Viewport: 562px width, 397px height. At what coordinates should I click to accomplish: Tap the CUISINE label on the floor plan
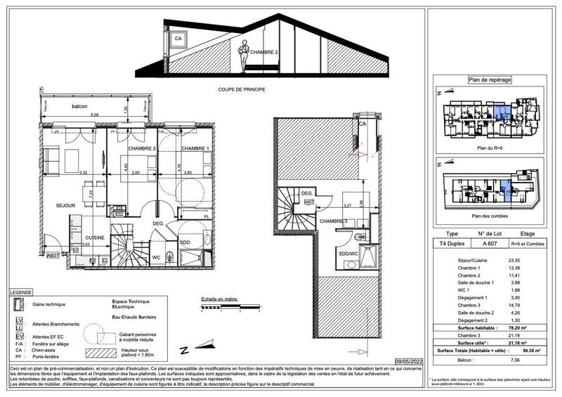point(95,237)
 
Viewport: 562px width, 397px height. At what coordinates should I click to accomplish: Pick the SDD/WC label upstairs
point(348,253)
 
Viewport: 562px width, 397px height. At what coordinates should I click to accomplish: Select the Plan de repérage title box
point(495,80)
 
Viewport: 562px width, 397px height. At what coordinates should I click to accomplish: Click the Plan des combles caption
point(490,216)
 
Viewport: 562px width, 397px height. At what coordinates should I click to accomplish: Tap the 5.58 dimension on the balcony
point(94,115)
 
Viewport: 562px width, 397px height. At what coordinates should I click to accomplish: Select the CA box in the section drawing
point(178,38)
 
